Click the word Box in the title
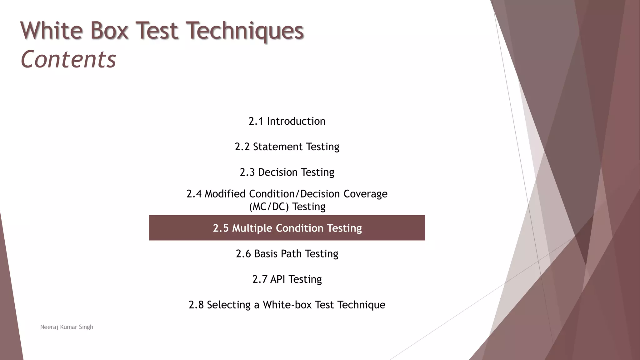[109, 31]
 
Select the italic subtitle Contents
[68, 59]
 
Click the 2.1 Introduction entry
[287, 121]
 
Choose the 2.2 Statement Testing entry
[287, 147]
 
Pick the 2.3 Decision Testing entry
[287, 172]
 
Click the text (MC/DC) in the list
[269, 207]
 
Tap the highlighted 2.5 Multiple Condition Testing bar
[287, 228]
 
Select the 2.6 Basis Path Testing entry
[287, 254]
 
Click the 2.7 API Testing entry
[287, 279]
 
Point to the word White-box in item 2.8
[287, 305]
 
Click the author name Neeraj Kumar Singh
[67, 327]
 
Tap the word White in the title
[52, 31]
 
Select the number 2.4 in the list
[194, 194]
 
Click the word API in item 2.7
[277, 279]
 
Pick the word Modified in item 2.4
[225, 194]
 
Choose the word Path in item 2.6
[291, 254]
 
